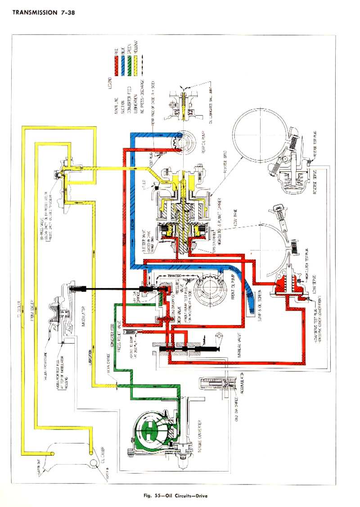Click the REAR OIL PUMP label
204,140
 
